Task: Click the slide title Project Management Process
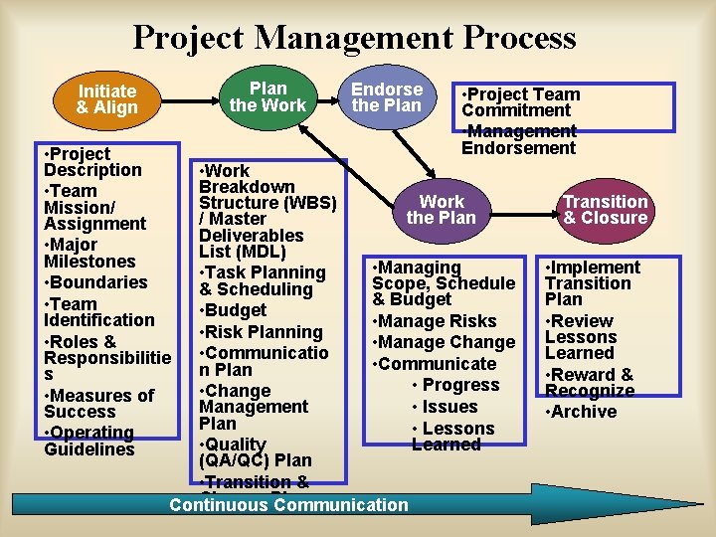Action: pos(354,38)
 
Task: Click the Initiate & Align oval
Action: pos(107,99)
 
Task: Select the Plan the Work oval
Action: pos(268,96)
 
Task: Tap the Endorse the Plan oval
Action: pos(387,96)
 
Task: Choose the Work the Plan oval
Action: pos(442,210)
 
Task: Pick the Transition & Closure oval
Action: pos(605,210)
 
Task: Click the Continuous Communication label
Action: pos(288,505)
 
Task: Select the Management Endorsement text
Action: pos(519,140)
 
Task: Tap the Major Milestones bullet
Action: pos(89,253)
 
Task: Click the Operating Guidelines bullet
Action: pos(89,441)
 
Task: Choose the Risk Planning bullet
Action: pos(261,332)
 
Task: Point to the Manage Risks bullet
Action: pos(434,321)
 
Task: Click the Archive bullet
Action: pos(581,412)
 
